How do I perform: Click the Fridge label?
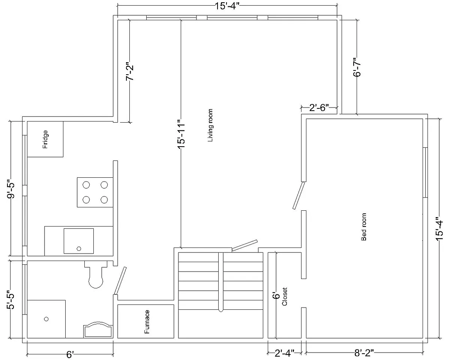point(45,139)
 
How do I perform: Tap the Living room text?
point(210,125)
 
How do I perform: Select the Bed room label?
point(364,227)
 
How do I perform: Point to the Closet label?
point(284,297)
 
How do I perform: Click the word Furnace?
point(147,322)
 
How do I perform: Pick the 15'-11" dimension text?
point(181,134)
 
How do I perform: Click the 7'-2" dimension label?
point(130,71)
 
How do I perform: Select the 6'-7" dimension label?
point(357,67)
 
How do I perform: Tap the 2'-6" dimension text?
point(319,108)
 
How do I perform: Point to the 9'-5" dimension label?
point(11,189)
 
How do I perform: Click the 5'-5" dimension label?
point(10,300)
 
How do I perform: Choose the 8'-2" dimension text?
point(364,353)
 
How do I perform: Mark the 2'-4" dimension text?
point(284,353)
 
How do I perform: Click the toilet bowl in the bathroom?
point(96,276)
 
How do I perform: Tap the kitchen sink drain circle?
point(79,249)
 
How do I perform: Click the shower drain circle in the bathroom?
point(46,319)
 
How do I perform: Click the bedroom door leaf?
point(298,196)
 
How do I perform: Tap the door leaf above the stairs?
point(244,245)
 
